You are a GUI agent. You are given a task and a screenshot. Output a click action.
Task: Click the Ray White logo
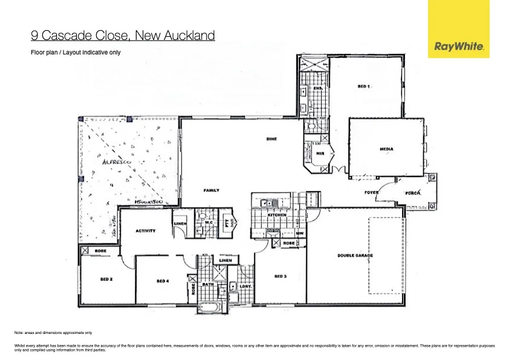(x=458, y=29)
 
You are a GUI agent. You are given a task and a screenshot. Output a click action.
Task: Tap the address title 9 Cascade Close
(x=123, y=36)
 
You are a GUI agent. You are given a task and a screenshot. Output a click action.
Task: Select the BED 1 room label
(x=363, y=87)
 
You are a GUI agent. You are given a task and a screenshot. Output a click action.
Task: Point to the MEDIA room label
(x=387, y=148)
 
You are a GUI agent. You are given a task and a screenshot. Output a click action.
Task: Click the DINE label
(x=271, y=139)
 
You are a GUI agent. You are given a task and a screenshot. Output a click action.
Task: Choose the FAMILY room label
(x=211, y=190)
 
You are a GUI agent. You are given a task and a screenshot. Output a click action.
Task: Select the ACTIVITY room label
(x=145, y=231)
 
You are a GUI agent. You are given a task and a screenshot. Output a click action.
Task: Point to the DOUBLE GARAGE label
(x=355, y=255)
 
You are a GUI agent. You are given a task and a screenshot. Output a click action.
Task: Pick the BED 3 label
(x=280, y=276)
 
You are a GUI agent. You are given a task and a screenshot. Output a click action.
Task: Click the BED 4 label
(x=163, y=281)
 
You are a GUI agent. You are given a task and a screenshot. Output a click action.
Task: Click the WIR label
(x=320, y=154)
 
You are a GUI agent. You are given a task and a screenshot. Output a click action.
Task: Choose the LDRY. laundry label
(x=245, y=286)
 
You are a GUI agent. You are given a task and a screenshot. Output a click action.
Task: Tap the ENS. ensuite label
(x=318, y=88)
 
